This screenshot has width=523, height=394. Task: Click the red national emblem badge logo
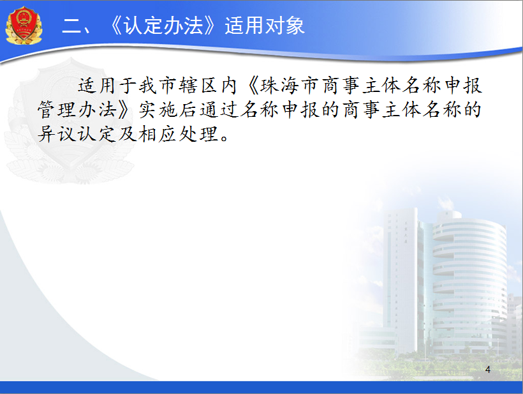click(24, 25)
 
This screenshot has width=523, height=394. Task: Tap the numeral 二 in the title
click(71, 26)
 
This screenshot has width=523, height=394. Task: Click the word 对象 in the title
click(285, 26)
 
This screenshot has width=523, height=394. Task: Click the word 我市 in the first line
click(158, 86)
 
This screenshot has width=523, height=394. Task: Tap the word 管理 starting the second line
click(57, 110)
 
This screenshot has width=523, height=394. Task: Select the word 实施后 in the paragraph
click(168, 110)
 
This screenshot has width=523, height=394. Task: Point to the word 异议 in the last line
click(57, 134)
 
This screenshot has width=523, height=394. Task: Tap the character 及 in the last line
click(127, 134)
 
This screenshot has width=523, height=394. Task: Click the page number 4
click(488, 369)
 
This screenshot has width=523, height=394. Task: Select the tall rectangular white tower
click(401, 277)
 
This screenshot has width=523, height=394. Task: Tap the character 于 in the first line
click(127, 86)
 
